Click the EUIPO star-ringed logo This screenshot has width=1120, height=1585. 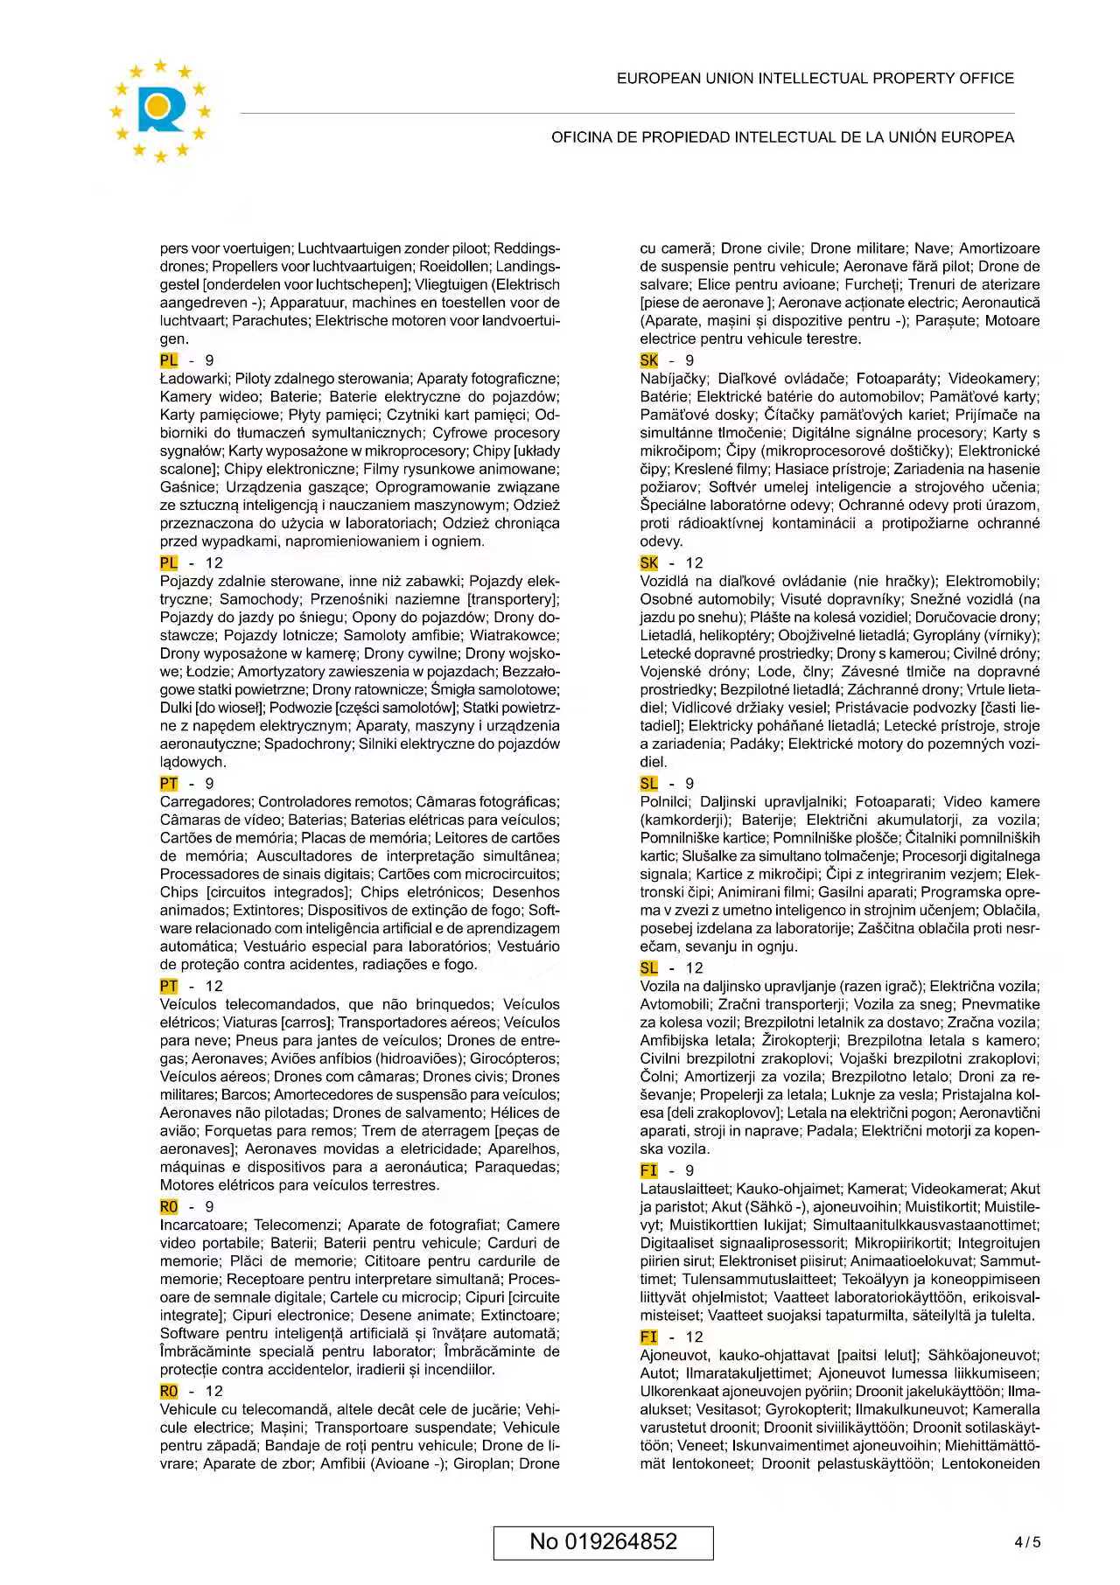160,110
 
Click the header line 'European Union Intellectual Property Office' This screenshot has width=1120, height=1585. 815,79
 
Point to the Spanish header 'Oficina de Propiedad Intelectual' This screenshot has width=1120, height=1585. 782,137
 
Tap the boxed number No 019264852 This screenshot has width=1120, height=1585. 603,1541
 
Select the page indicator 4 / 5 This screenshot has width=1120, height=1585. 1027,1542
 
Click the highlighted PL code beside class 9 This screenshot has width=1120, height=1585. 169,360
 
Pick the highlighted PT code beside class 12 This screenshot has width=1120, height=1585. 169,986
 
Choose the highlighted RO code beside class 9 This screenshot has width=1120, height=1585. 169,1207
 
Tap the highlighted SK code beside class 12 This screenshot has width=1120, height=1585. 649,562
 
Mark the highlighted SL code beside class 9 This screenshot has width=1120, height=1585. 649,784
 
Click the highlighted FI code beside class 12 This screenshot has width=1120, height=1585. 649,1337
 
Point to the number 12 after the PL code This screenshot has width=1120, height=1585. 213,562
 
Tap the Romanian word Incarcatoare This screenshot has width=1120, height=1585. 203,1225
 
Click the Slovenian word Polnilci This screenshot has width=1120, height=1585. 665,801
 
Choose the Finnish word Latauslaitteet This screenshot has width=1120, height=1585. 685,1189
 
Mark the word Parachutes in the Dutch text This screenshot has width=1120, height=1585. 270,321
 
